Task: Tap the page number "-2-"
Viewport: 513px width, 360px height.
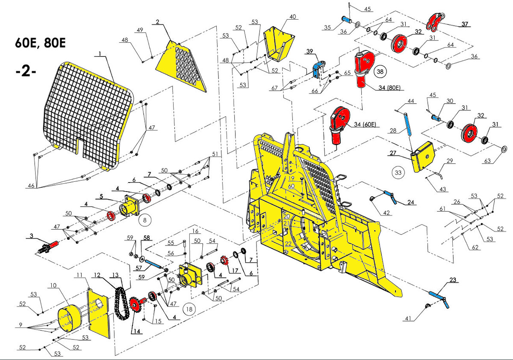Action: pos(25,71)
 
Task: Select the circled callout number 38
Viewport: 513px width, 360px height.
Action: pos(380,72)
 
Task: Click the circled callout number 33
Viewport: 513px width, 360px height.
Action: pos(398,172)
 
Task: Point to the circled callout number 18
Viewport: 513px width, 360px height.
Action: pos(189,308)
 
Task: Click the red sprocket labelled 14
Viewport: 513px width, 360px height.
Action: pos(136,305)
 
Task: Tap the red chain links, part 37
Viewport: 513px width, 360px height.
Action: pos(435,22)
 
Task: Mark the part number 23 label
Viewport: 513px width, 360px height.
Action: pos(453,280)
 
